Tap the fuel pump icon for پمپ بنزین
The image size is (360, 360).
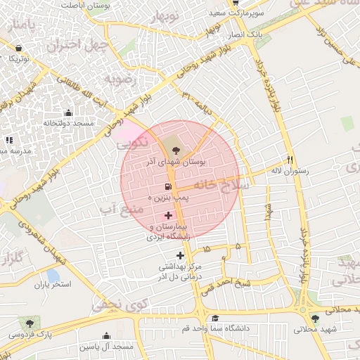tap(167, 187)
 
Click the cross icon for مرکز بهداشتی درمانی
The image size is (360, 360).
tap(181, 255)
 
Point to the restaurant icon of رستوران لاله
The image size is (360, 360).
tap(290, 159)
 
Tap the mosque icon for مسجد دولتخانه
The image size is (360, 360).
tap(68, 112)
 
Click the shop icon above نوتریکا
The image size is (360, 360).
tap(18, 49)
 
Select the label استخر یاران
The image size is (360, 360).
tap(53, 285)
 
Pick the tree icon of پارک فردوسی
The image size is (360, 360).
tap(29, 323)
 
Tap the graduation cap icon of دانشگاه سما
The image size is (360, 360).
tap(214, 318)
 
